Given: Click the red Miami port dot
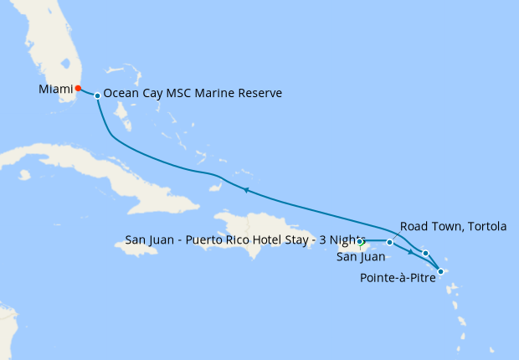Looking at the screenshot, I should [x=78, y=88].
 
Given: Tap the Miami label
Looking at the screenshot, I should [x=55, y=89].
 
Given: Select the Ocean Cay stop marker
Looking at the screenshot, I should [x=98, y=95].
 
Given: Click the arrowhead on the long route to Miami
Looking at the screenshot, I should [x=246, y=191].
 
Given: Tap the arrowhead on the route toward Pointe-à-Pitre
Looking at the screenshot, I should [x=410, y=251].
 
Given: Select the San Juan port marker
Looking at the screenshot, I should [x=360, y=242].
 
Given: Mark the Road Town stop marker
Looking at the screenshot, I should [x=389, y=242].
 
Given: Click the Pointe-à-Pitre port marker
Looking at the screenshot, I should [x=441, y=271].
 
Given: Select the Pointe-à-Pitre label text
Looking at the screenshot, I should [x=399, y=278].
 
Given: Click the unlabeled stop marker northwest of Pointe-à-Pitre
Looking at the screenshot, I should [x=425, y=253].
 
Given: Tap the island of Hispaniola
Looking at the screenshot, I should [x=259, y=226].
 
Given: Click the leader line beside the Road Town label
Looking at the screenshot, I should [x=396, y=236].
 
